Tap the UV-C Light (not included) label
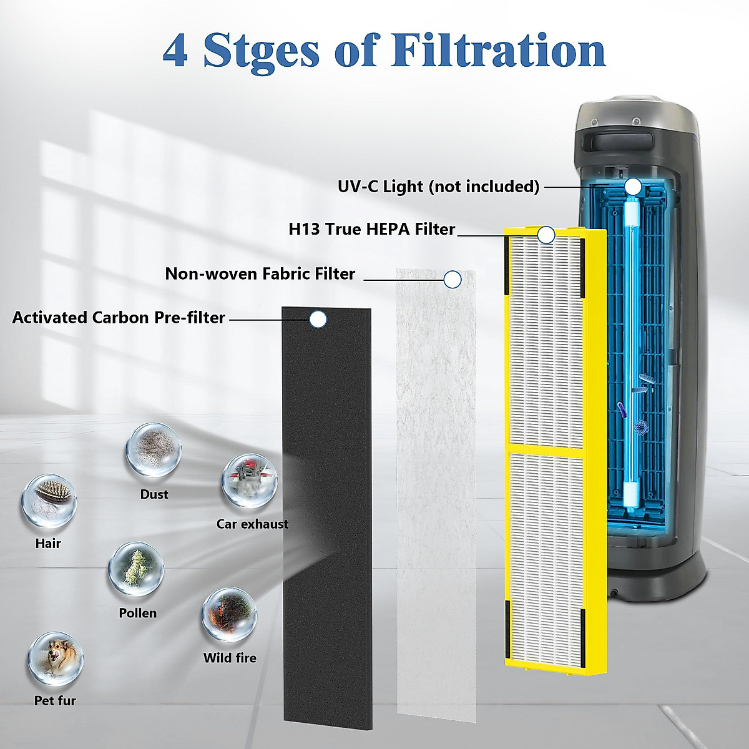438,186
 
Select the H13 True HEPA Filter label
371,229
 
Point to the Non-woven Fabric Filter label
260,273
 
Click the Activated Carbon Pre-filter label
119,317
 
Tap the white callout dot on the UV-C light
633,186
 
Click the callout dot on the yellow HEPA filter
546,235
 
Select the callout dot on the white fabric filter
453,279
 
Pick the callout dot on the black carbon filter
318,320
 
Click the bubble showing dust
154,450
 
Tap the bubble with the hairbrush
49,501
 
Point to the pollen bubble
135,569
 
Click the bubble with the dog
55,659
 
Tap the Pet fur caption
55,701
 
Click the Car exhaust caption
252,524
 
